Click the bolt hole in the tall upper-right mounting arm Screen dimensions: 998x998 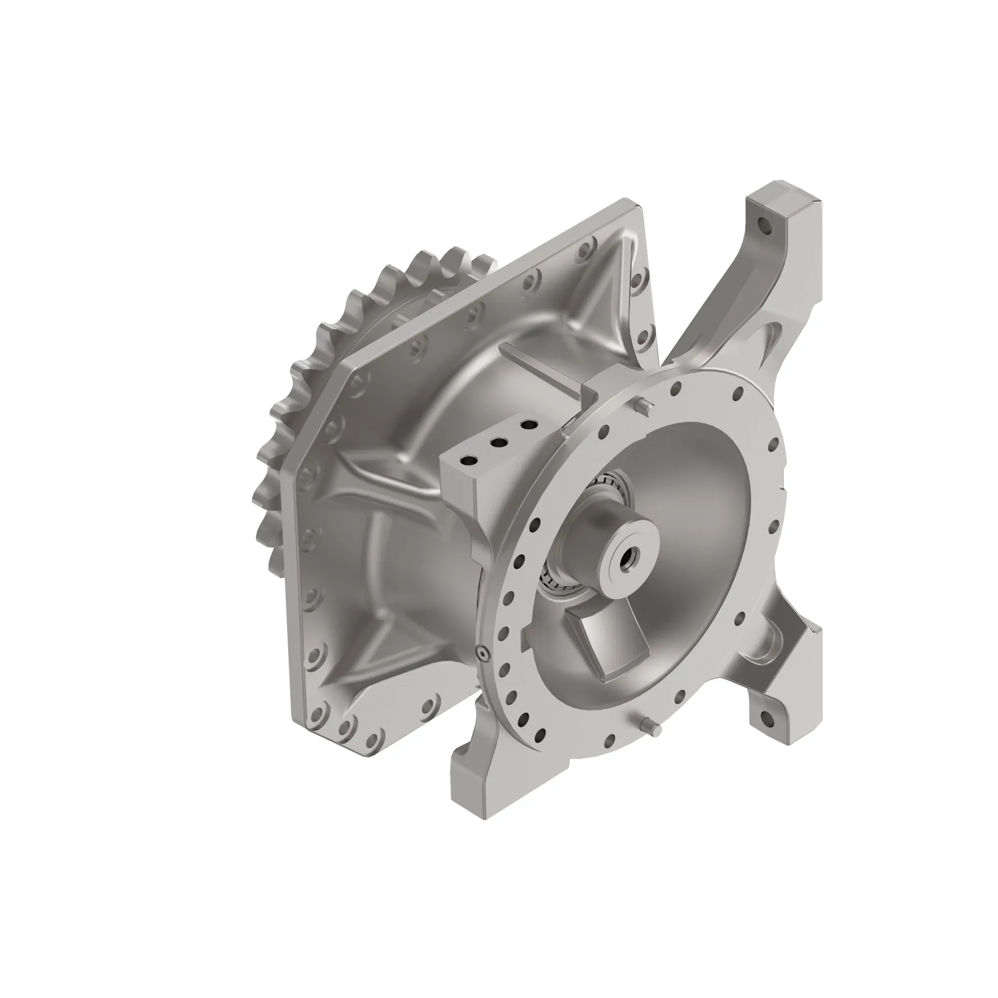point(763,225)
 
